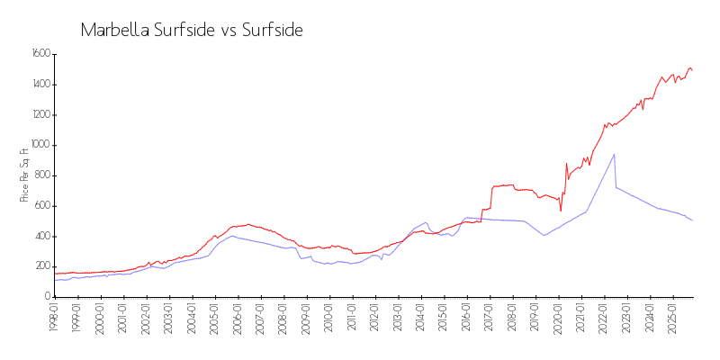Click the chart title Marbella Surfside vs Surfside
coord(191,30)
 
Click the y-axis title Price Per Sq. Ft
coord(23,175)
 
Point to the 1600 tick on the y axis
coord(40,54)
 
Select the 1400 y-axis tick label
coord(40,85)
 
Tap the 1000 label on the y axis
coord(40,145)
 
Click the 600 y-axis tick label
coord(41,206)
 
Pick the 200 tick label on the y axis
coord(41,266)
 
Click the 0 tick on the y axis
coord(47,297)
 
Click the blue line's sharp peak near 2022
coord(614,154)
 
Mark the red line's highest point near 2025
coord(689,67)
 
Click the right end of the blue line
coord(692,220)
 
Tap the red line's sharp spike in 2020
coord(566,164)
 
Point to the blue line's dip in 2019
coord(544,236)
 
